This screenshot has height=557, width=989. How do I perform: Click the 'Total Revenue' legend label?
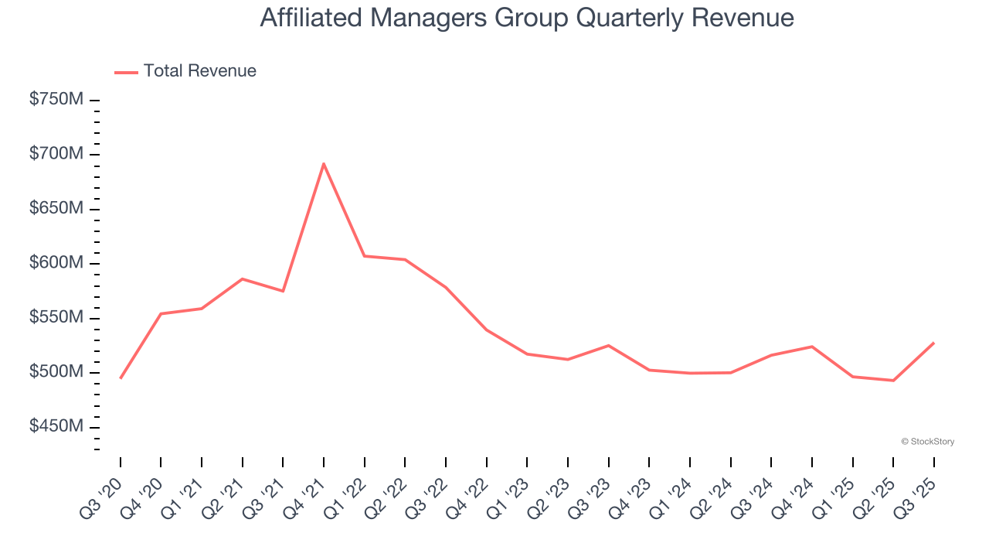[199, 71]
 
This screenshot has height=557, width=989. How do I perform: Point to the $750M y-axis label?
[56, 100]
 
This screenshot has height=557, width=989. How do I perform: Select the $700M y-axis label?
[56, 155]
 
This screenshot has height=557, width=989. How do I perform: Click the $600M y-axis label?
[56, 264]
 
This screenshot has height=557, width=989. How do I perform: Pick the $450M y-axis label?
[56, 427]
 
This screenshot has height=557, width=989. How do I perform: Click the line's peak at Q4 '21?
[324, 163]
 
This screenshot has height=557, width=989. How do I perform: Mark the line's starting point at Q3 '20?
[121, 378]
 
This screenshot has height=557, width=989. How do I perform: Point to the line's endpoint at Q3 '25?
[934, 342]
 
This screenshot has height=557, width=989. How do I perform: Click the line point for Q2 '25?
[893, 381]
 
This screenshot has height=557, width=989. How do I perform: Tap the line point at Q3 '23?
[609, 345]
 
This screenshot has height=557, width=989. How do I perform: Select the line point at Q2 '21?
[243, 278]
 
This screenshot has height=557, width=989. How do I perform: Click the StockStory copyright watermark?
[927, 442]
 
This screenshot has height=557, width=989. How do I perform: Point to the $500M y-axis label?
[56, 372]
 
